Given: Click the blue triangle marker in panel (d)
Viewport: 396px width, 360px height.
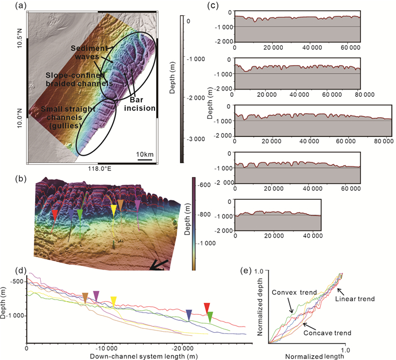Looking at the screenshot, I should click(x=189, y=315).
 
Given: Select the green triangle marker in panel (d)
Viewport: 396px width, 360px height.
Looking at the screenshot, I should click(x=210, y=316).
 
